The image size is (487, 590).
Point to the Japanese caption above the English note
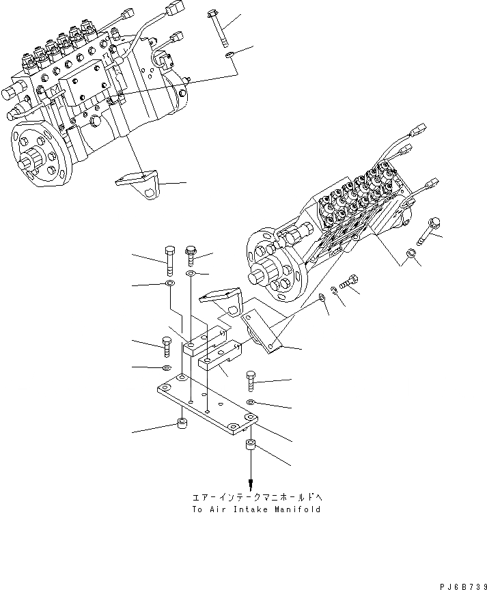point(252,497)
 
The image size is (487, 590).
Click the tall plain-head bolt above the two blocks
point(169,259)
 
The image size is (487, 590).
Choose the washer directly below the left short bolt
point(168,368)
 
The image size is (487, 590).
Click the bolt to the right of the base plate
point(252,380)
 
